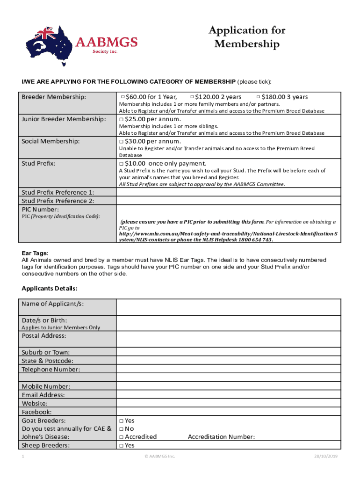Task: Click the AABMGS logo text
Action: [x=106, y=43]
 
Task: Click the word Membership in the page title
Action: [x=247, y=44]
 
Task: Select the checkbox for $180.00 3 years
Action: [x=259, y=97]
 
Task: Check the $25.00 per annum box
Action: [x=121, y=119]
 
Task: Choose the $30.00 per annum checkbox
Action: [x=121, y=141]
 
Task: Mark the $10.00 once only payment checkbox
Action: [x=121, y=163]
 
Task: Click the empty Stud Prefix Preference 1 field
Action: [x=228, y=192]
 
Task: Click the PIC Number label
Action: [x=40, y=209]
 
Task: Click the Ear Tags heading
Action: [x=35, y=253]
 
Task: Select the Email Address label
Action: [x=43, y=395]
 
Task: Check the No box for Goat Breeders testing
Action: [x=121, y=428]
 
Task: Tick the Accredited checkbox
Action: [x=121, y=437]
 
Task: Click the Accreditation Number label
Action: [x=221, y=437]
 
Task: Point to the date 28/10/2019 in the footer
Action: [x=329, y=456]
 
